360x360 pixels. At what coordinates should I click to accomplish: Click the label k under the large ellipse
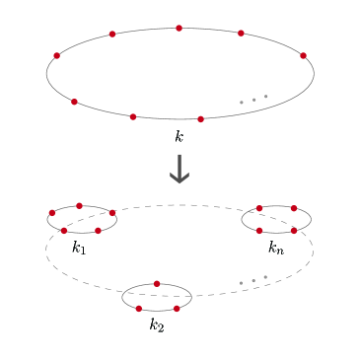point(179,137)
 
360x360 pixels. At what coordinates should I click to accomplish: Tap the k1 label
point(79,249)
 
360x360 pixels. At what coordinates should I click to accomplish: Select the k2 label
point(157,324)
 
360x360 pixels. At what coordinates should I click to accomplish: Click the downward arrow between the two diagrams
point(179,170)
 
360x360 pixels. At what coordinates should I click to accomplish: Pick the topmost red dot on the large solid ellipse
point(179,28)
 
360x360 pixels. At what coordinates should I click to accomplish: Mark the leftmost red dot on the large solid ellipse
point(56,55)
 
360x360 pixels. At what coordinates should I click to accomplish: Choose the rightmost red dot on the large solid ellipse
point(303,55)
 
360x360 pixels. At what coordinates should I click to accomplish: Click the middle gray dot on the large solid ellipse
point(253,100)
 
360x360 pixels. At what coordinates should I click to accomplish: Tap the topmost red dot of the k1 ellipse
point(79,205)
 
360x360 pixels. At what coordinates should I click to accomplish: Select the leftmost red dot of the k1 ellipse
point(52,212)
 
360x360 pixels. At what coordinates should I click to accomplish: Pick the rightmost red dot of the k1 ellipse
point(112,212)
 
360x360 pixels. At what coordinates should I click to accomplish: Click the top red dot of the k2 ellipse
point(157,284)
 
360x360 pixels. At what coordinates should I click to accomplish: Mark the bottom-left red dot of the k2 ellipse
point(139,309)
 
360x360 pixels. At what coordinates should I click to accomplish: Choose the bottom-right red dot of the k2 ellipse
point(177,309)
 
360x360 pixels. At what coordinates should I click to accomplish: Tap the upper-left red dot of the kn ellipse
point(259,208)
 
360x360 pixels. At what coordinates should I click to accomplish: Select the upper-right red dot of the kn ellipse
point(294,208)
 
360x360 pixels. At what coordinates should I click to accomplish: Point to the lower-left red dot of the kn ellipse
point(259,231)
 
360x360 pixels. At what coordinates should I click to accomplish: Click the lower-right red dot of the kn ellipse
point(294,231)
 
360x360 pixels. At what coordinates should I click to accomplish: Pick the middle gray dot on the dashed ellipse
point(253,281)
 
